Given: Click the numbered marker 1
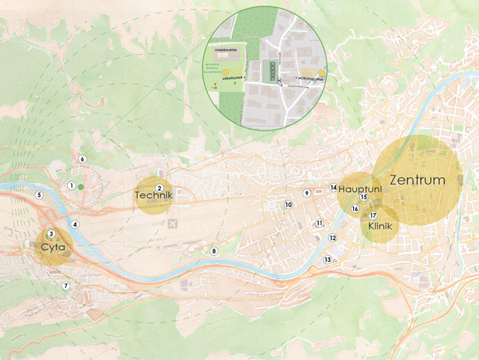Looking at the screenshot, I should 71,185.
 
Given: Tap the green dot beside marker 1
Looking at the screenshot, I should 80,186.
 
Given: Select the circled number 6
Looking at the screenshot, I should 82,159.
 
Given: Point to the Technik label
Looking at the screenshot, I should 153,196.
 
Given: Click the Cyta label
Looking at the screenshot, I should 53,249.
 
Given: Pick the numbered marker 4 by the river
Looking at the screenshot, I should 75,224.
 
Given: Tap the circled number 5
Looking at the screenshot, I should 38,195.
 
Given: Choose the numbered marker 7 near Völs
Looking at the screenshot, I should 66,286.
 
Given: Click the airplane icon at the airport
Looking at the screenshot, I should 171,224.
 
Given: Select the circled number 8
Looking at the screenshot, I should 215,251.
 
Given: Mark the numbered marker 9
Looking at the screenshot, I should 307,193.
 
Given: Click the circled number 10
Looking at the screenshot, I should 288,205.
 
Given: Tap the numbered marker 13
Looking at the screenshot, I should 328,260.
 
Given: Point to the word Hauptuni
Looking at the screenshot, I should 362,188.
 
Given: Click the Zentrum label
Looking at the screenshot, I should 418,180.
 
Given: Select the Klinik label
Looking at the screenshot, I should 381,227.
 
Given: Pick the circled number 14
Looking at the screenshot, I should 334,188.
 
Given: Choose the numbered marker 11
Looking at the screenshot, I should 318,222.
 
